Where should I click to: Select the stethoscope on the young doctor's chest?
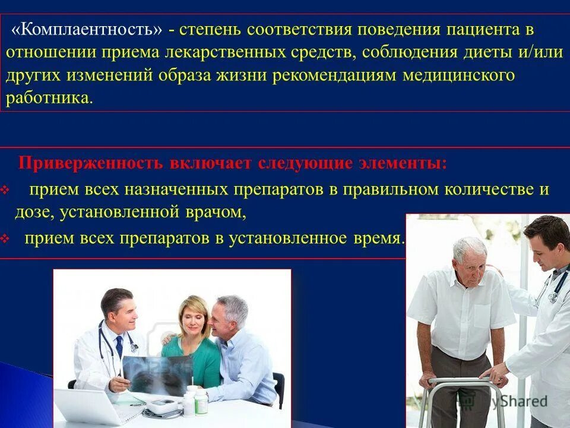tap(556, 288)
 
